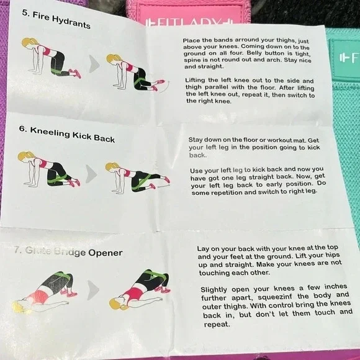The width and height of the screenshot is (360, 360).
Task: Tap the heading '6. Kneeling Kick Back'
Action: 67,136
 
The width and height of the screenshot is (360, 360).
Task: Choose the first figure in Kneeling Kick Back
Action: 47,169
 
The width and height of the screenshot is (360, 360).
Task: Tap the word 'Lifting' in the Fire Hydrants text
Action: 197,81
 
